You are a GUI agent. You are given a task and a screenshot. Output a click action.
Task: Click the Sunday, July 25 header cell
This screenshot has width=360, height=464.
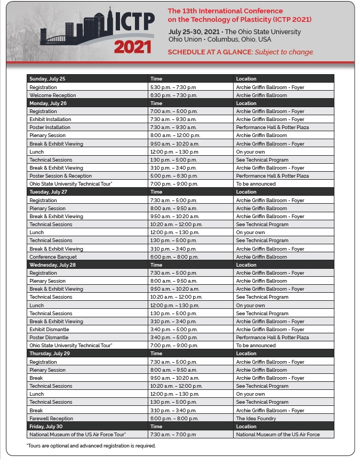pos(47,79)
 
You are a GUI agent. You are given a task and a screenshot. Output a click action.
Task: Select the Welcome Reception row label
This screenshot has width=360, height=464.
pos(53,95)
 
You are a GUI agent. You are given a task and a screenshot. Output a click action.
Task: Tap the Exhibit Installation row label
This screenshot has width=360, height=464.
pos(50,119)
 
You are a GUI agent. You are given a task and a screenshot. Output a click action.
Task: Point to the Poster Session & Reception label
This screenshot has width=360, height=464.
pos(60,176)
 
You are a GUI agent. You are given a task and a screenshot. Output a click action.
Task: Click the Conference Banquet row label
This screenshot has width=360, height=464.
pos(53,257)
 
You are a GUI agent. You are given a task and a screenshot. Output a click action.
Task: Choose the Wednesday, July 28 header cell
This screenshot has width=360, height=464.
pos(53,265)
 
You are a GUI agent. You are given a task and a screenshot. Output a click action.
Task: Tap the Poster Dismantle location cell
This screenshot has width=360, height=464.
pos(272,338)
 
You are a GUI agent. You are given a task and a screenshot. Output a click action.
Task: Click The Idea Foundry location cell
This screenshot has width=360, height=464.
pos(255,419)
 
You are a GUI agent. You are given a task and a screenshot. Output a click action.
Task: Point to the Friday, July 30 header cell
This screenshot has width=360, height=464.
pos(46,427)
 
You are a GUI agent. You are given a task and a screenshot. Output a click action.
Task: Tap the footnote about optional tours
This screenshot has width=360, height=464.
pos(91,446)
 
